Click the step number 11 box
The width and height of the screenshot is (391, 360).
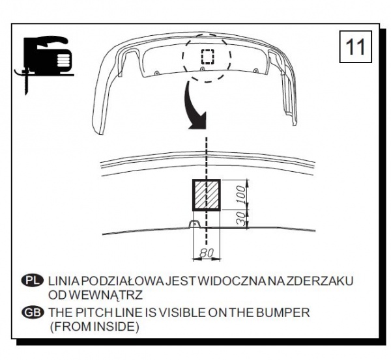coord(356,47)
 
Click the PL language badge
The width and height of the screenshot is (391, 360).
coord(33,281)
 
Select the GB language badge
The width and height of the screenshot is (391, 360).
coord(33,312)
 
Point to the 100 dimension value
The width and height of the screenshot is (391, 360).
coord(241,195)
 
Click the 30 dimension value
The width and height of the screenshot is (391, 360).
coord(241,219)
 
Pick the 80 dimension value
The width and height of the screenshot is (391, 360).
coord(207,253)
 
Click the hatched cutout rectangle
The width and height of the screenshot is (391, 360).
coord(207,195)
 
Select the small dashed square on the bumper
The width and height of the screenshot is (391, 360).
coord(208,57)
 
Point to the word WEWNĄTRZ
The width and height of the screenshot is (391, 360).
coord(106,295)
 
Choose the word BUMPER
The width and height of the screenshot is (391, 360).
coord(283,312)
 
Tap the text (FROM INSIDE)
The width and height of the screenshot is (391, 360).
coord(94,327)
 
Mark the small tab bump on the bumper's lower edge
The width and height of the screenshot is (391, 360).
coord(195,224)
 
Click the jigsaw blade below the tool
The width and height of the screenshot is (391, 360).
coord(26,83)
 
